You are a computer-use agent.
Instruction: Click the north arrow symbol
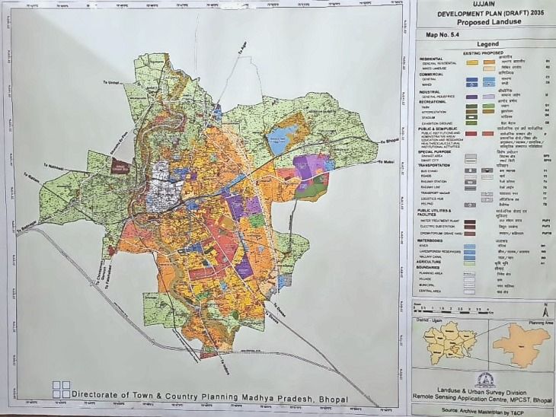tap(545, 310)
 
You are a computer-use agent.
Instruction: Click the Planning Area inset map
tap(521, 343)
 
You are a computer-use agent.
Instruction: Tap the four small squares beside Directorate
tap(61, 390)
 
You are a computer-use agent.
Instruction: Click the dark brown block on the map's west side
tap(120, 167)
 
